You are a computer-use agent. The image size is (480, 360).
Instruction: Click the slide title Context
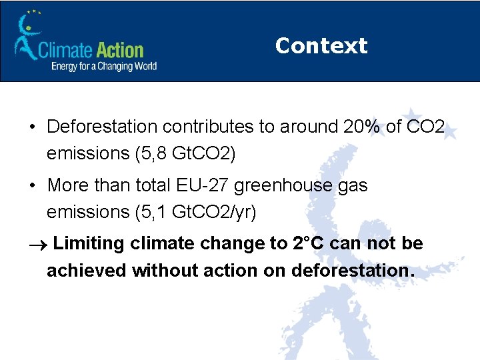coord(321,45)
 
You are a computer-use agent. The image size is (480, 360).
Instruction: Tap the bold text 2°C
coord(309,243)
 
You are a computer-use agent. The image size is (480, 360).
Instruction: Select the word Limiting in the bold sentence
coord(89,243)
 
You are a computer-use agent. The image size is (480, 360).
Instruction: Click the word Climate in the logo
coord(65,50)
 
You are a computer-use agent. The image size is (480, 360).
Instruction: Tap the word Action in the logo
coord(119,50)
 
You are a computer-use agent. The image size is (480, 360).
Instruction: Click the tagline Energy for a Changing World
coord(104,66)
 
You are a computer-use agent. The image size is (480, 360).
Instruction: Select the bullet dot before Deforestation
coord(33,127)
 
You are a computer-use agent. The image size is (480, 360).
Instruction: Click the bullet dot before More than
coord(33,185)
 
